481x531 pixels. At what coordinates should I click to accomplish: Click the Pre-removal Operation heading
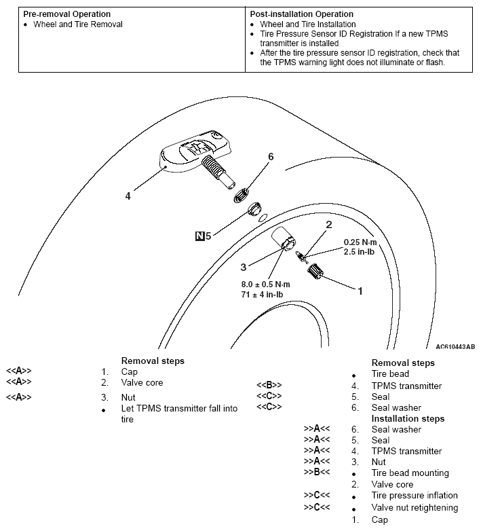67,14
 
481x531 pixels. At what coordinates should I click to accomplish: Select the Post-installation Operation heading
302,14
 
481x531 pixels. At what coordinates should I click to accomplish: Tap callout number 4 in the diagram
128,196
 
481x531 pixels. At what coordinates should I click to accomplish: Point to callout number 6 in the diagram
271,157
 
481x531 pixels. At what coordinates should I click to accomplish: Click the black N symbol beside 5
199,236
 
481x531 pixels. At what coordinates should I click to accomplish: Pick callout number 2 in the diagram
329,225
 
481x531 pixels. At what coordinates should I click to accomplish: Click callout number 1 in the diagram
360,291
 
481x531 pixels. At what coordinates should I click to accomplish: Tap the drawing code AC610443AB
455,346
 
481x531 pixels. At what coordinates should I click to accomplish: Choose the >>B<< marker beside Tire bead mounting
317,473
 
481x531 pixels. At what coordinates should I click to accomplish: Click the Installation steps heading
408,418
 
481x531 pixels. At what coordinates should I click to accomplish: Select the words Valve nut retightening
415,507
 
